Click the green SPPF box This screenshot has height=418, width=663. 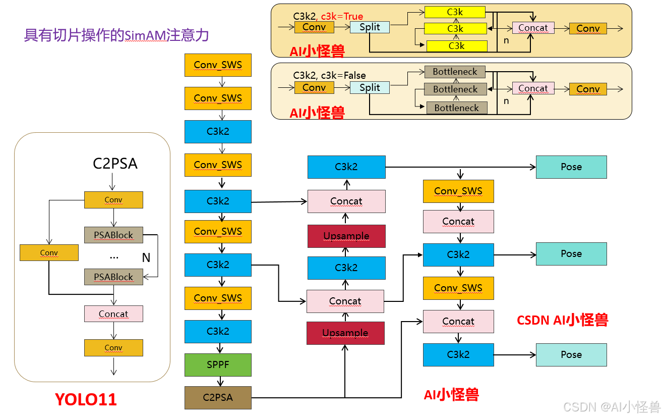click(x=218, y=364)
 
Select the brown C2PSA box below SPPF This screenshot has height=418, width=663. click(x=218, y=397)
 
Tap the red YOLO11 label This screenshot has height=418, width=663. click(x=86, y=399)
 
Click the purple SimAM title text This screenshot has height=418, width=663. click(x=116, y=35)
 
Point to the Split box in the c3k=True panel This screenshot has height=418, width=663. click(x=370, y=27)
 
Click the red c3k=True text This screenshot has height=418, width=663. click(x=342, y=16)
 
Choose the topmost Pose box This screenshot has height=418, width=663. click(x=571, y=167)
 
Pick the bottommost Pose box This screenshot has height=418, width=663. click(x=571, y=355)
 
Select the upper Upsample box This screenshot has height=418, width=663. click(x=346, y=236)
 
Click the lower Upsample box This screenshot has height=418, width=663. click(x=345, y=333)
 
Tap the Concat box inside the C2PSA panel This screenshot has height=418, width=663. click(x=113, y=314)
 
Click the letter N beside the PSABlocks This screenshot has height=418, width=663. click(x=146, y=257)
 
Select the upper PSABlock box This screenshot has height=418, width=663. click(x=113, y=235)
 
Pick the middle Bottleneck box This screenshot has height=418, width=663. click(x=455, y=89)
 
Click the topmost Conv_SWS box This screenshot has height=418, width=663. click(x=218, y=65)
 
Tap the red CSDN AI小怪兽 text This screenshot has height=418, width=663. click(x=563, y=320)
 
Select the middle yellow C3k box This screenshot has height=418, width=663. click(x=455, y=29)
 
